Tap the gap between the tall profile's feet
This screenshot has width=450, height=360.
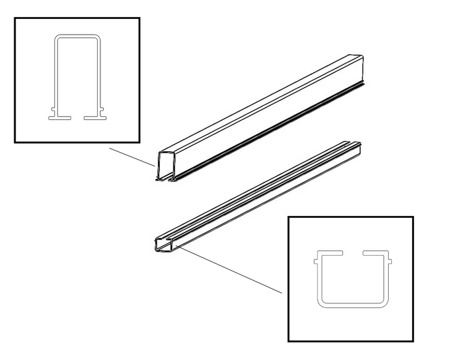(x=77, y=118)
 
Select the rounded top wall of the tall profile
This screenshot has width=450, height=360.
(x=77, y=35)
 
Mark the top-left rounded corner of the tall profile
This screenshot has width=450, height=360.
(x=57, y=38)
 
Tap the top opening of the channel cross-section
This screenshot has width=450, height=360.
(x=352, y=252)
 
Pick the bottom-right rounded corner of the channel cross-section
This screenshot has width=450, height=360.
(x=384, y=302)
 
